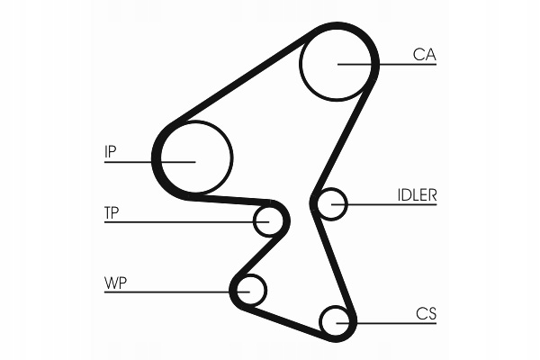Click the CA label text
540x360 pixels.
coord(424,55)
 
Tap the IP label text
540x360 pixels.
coord(111,152)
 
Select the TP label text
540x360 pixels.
coord(112,213)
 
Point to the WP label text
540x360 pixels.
coord(115,283)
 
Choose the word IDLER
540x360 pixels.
coord(417,194)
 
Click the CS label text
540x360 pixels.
coord(426,313)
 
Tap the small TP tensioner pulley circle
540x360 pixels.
coord(269,220)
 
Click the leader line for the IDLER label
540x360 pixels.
coord(396,205)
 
